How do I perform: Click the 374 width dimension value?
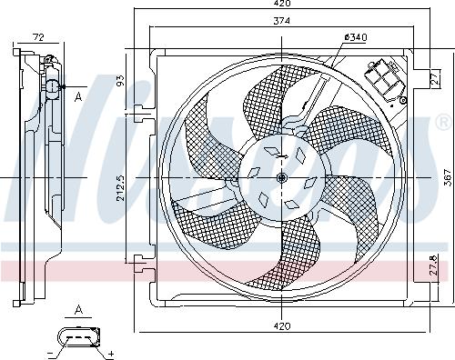coord(282,22)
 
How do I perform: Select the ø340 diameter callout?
coord(355,36)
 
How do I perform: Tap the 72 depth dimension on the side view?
coord(38,36)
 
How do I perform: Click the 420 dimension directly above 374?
coord(282,5)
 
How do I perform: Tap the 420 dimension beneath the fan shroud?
coord(282,325)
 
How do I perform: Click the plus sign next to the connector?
coord(110,352)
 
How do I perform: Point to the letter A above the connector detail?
coord(78,310)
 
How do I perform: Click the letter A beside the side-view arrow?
coord(78,95)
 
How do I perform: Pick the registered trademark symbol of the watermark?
coord(443,120)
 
